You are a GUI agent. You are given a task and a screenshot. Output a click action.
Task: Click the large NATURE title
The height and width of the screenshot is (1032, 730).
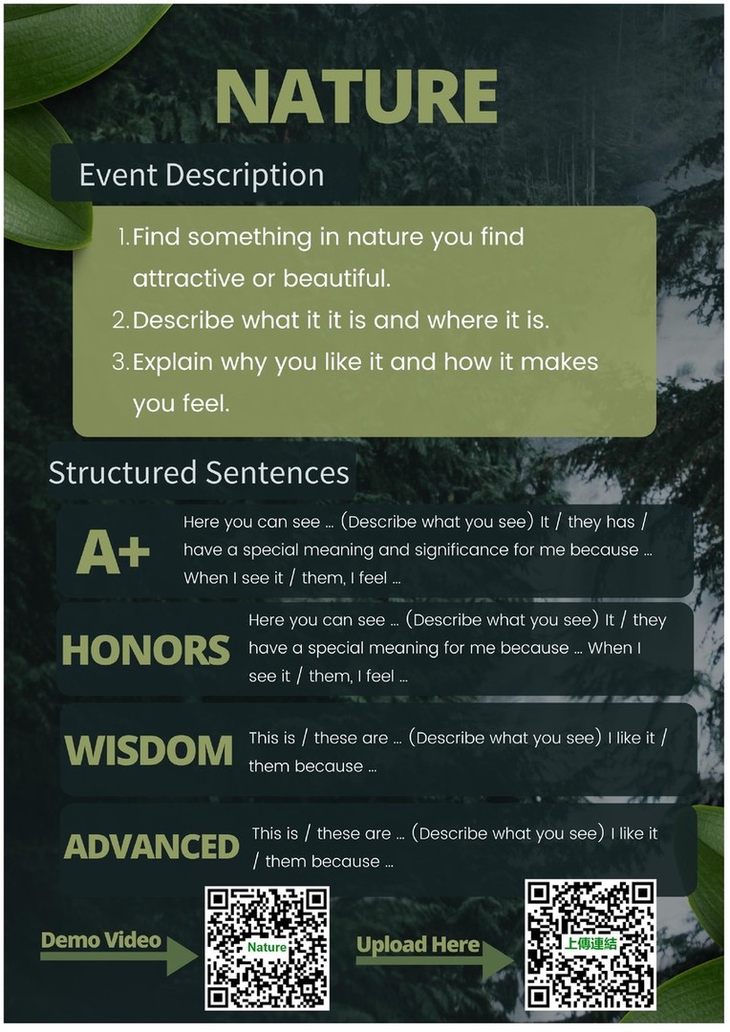356,97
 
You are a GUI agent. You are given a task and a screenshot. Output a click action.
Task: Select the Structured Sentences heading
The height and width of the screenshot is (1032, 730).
199,473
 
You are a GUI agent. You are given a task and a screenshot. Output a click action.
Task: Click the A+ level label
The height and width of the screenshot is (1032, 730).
113,551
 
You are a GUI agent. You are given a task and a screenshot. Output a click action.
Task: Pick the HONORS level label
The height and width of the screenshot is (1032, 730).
145,651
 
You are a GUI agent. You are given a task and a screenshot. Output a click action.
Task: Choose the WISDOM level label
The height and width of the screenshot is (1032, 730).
149,750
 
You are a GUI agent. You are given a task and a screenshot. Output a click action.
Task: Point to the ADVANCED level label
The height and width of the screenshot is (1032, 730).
151,847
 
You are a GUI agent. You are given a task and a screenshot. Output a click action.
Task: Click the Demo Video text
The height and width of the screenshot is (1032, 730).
100,940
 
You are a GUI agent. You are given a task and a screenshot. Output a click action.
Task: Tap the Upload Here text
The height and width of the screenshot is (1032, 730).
418,944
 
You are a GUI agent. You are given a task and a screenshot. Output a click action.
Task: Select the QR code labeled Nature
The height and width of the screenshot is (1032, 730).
267,948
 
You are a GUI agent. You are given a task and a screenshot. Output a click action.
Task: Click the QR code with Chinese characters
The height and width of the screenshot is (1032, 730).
590,944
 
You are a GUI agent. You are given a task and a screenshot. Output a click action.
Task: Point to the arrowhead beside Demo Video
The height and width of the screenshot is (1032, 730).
182,956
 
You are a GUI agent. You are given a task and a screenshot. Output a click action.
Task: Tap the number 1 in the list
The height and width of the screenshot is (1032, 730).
123,237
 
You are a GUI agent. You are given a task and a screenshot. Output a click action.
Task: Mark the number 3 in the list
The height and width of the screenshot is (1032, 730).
119,362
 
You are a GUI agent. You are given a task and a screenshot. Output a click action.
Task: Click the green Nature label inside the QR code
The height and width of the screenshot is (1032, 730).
267,947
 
